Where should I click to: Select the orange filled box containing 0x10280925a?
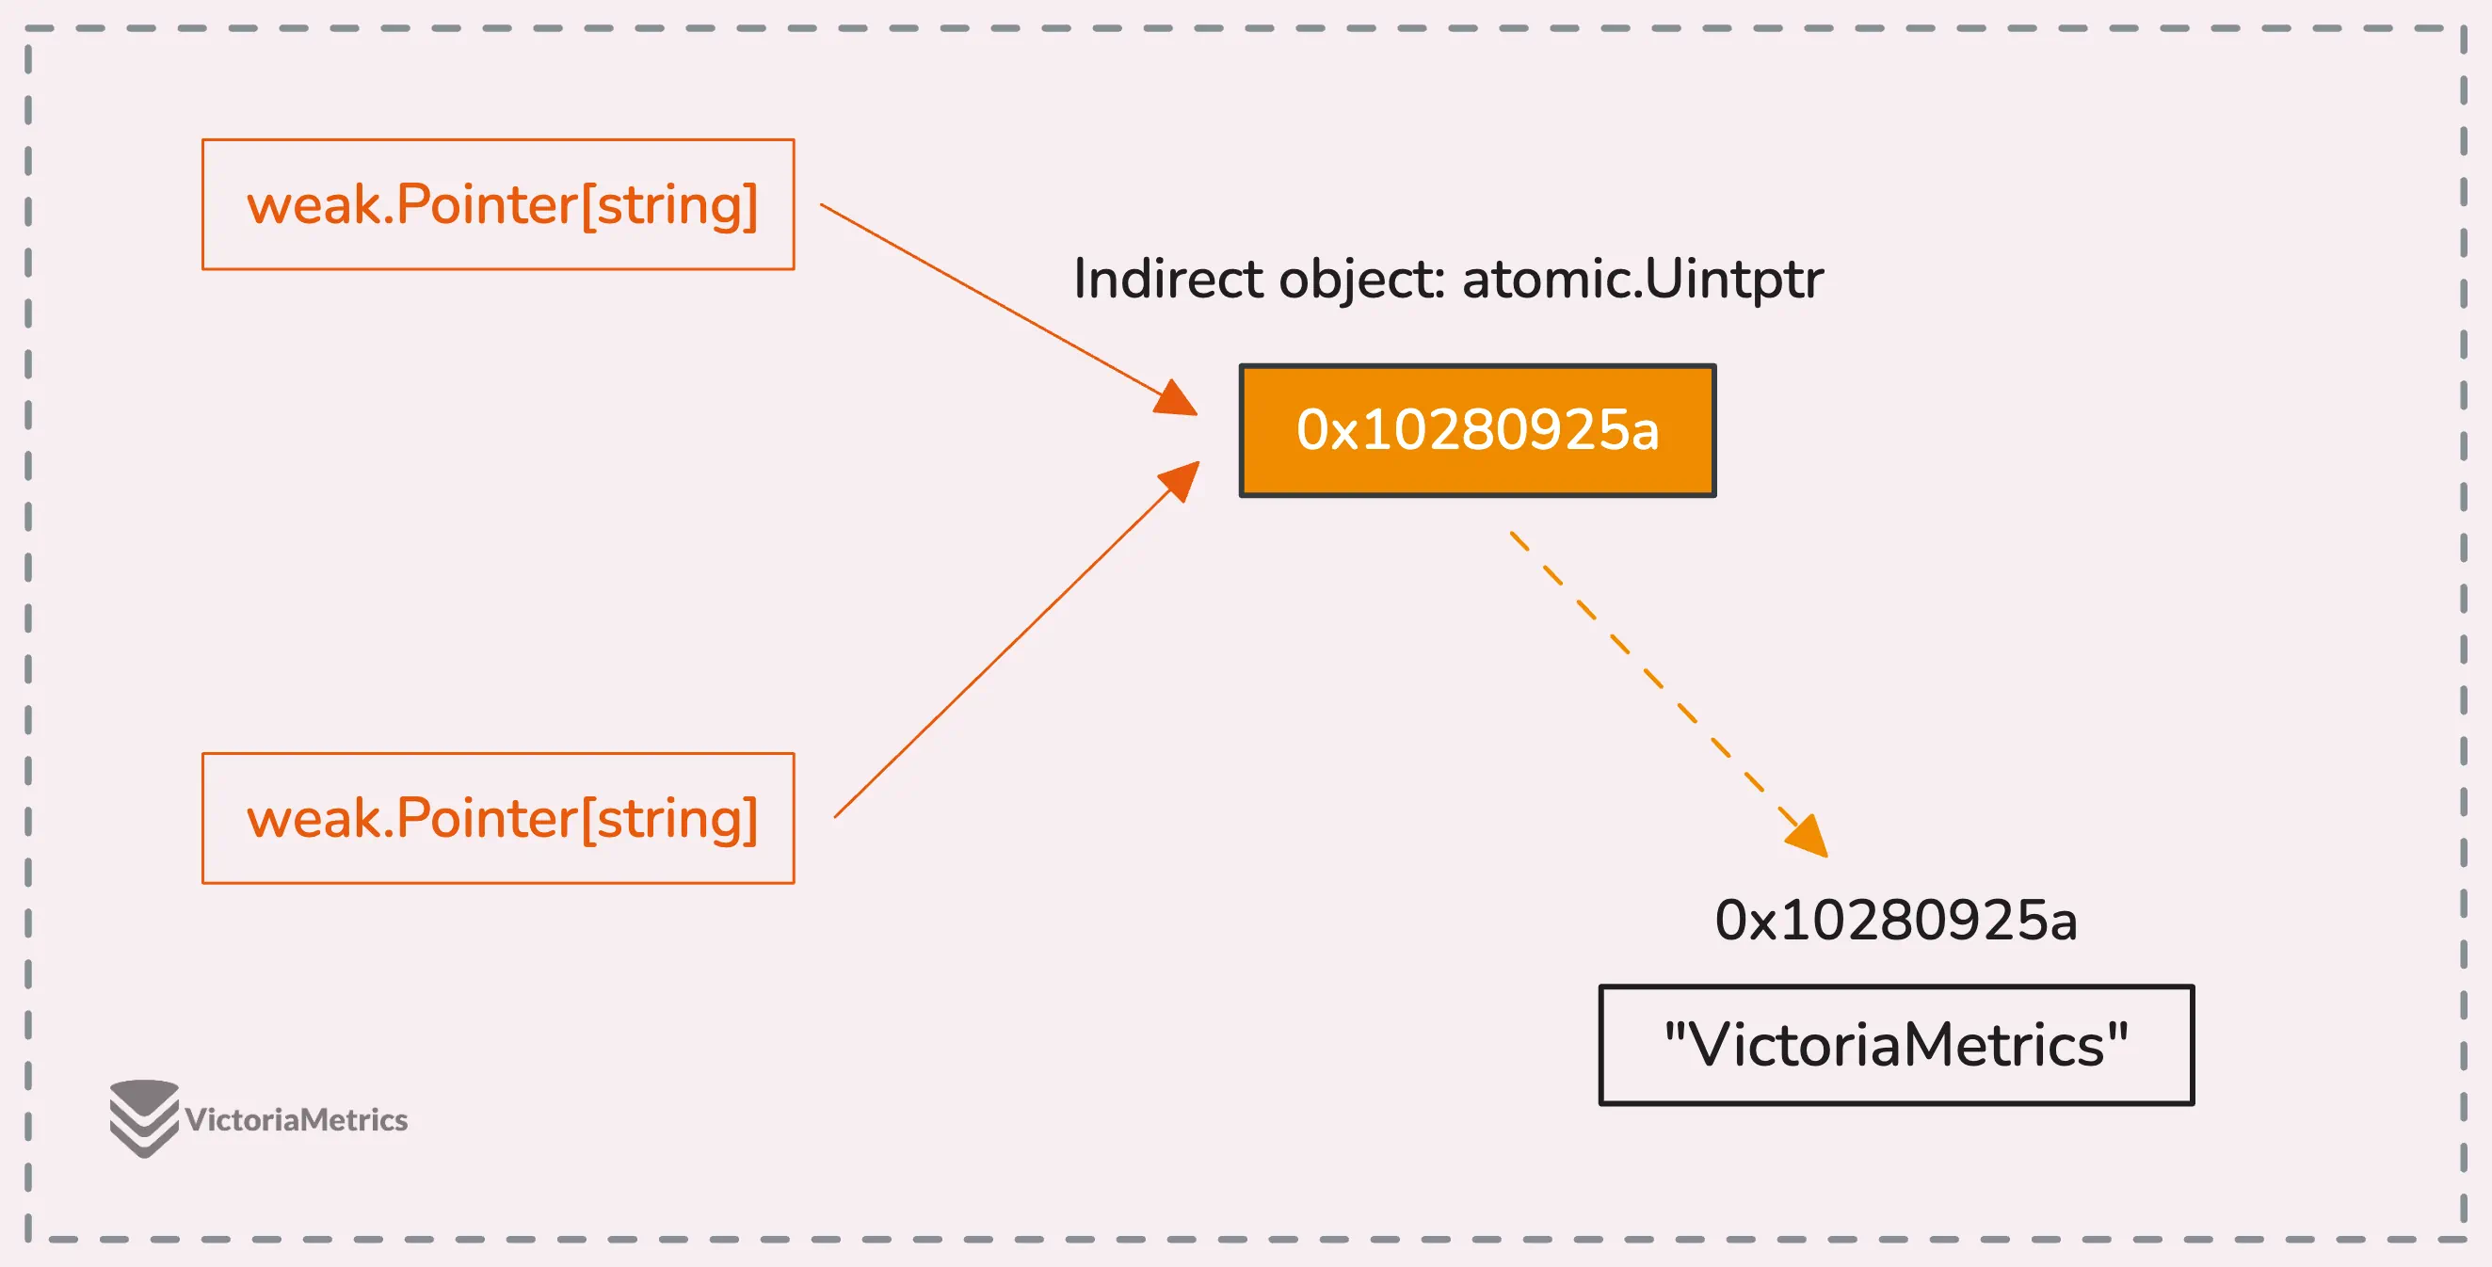pyautogui.click(x=1477, y=430)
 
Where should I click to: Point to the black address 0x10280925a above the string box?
pyautogui.click(x=1896, y=920)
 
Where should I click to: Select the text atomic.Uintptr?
pyautogui.click(x=1643, y=281)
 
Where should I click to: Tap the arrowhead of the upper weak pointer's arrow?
pyautogui.click(x=1177, y=398)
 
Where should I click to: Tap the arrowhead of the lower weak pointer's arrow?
pyautogui.click(x=1180, y=481)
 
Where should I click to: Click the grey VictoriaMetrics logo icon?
pyautogui.click(x=144, y=1119)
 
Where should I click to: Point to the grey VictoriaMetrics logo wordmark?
pyautogui.click(x=296, y=1120)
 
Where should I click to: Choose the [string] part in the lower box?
pyautogui.click(x=669, y=820)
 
